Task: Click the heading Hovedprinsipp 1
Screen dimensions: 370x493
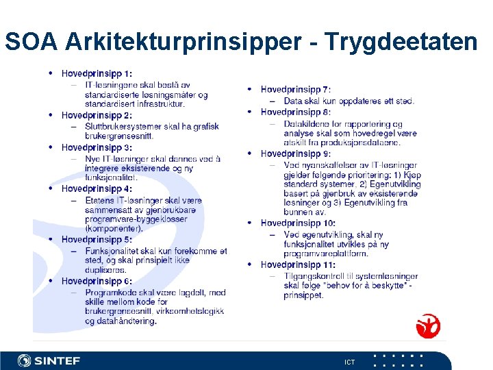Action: point(97,74)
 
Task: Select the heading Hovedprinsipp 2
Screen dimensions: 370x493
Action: point(97,115)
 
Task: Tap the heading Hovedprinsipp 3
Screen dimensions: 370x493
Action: point(97,147)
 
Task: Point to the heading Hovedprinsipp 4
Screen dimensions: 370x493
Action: point(97,188)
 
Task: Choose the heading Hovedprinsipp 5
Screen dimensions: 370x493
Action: point(97,240)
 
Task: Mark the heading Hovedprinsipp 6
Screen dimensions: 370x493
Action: point(97,281)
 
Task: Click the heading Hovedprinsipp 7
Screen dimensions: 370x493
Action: point(295,89)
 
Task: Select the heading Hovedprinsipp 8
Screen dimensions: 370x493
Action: point(295,112)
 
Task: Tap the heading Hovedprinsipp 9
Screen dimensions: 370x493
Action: point(295,153)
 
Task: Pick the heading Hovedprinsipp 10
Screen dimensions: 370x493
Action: point(298,223)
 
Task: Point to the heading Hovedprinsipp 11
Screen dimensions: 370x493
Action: point(298,264)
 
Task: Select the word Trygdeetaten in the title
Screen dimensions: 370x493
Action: point(401,42)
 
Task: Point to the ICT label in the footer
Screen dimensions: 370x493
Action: point(350,362)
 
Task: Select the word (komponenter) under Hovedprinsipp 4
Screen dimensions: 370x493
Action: point(114,229)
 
